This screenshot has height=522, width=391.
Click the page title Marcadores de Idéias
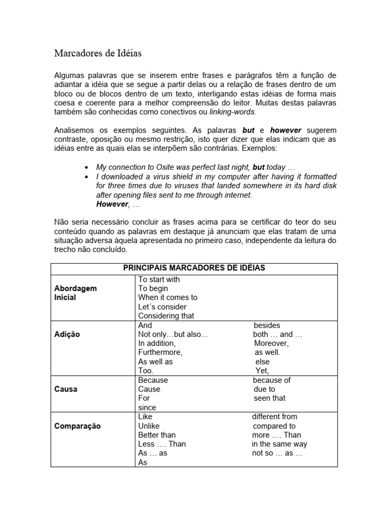click(98, 53)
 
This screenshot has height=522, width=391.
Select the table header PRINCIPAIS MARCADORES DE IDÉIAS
click(194, 268)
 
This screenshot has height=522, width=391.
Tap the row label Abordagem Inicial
click(75, 293)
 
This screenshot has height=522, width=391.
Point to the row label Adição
click(67, 334)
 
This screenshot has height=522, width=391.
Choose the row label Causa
click(66, 389)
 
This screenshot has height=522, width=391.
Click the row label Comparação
click(77, 426)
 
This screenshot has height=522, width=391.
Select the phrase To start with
click(159, 279)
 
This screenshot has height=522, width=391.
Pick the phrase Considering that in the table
click(166, 316)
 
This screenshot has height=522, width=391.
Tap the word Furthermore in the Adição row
click(160, 352)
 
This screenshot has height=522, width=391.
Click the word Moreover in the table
click(271, 343)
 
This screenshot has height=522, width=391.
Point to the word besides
click(267, 325)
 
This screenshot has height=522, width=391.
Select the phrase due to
click(264, 389)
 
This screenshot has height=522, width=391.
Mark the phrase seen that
click(269, 398)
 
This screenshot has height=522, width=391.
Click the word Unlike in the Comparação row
click(149, 426)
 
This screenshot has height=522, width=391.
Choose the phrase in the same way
click(280, 444)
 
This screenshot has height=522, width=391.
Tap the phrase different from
click(274, 416)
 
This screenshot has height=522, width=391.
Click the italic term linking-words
click(233, 112)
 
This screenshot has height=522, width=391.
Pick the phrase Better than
click(157, 435)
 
